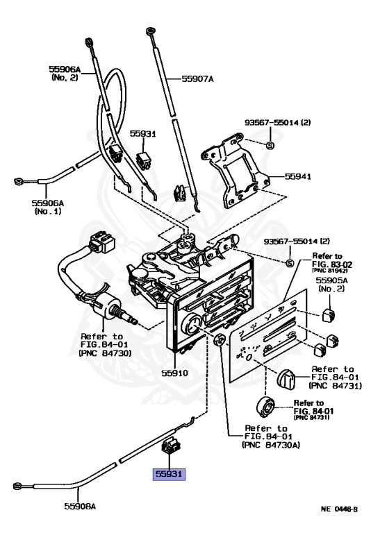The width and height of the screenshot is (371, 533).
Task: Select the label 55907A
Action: point(198,79)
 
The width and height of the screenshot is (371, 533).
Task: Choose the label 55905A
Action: point(331,281)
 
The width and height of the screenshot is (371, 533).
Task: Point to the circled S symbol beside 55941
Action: point(271,145)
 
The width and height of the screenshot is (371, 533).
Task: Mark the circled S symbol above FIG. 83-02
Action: point(290,262)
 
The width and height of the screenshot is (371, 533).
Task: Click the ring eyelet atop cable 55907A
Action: point(150,31)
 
